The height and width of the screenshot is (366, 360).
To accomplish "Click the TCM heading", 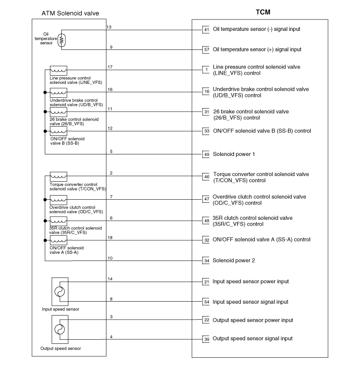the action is pos(263,12).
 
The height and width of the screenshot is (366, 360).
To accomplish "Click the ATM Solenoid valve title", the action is pos(70,13).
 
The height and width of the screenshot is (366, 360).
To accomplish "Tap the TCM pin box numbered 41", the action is pos(206,30).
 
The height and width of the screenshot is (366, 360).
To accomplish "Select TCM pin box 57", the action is pos(206,50).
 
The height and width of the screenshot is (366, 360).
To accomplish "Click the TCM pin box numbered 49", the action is pos(206,154).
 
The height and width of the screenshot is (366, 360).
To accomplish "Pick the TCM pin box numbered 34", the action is pos(206,260).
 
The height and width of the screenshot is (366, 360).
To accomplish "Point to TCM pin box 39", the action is pos(206,339).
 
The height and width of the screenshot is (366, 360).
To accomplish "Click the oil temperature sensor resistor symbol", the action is pos(62,40).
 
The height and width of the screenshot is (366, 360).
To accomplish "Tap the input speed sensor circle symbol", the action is pos(60,291).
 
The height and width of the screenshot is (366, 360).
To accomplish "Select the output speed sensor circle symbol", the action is pos(60,329).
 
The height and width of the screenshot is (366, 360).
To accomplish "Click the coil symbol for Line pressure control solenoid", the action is pos(59,70).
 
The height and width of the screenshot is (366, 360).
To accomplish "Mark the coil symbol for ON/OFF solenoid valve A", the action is pos(59,240).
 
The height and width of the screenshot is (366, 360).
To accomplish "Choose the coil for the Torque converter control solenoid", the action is pos(59,177).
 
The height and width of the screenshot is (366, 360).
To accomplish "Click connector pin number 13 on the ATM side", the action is pos(109,27).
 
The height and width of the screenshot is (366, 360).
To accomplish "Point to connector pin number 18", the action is pos(110,238).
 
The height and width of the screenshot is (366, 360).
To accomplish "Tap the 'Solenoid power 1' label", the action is pos(234,154).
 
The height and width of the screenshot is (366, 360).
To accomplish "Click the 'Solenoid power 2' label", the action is pos(233,260).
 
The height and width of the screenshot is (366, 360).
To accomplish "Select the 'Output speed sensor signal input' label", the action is pos(253,338).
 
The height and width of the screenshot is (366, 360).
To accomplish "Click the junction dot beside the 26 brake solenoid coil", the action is pos(45,112).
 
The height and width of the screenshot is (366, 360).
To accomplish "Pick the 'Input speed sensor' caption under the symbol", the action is pos(61,309).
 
